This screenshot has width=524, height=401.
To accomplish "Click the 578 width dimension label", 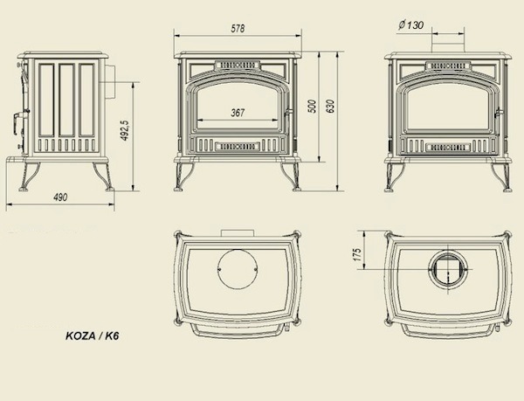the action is coord(238,29).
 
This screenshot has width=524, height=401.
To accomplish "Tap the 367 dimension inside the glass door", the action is coord(238,113).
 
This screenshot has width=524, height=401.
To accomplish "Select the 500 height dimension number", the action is coord(313,107).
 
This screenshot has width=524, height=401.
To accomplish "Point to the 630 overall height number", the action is coord(330,107).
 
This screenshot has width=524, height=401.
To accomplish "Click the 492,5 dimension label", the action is coord(124,130).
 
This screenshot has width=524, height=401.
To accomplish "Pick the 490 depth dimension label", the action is coord(60,197).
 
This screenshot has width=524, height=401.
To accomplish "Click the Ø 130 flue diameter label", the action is coord(410,24).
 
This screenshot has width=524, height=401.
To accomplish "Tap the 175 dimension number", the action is coord(357,254).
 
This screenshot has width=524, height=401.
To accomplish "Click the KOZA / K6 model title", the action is coord(93,335).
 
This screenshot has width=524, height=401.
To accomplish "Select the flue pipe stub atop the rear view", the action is coord(448,44).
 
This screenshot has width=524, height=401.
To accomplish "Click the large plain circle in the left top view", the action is coord(238,268).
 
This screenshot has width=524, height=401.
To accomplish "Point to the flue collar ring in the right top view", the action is coord(448,269).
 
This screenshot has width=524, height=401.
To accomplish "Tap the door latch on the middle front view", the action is coord(288,113).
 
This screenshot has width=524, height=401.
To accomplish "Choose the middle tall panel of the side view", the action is coord(67,100).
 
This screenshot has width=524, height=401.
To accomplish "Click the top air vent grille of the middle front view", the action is coord(238,65).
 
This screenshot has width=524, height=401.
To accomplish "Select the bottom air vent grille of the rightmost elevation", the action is coord(448,147).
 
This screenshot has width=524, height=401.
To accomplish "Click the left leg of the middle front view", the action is coord(183,176).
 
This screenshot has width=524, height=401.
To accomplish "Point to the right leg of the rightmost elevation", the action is coord(501,177).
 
